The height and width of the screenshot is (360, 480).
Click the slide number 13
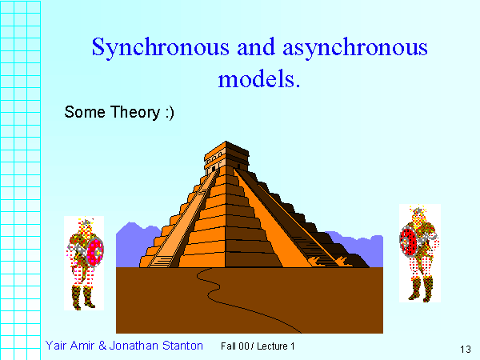(466, 349)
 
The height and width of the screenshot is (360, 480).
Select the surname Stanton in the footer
(181, 346)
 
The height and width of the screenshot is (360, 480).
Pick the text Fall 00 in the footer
(234, 346)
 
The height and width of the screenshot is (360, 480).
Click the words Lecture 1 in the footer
(276, 346)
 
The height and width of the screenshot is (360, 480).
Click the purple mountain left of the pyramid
(133, 240)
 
